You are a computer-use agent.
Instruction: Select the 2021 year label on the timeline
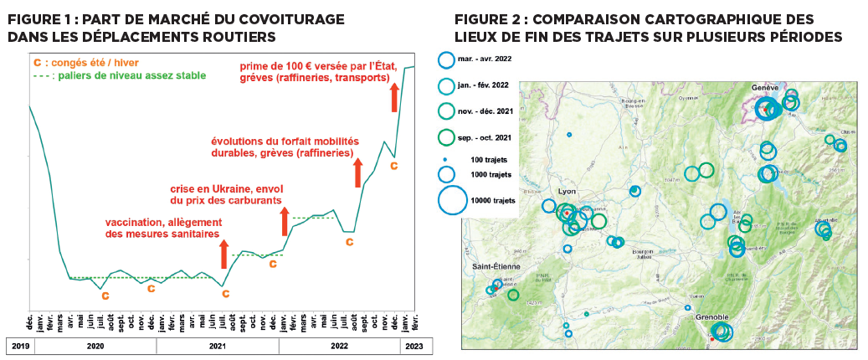(x=218, y=345)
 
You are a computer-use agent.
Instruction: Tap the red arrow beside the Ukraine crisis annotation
(x=284, y=220)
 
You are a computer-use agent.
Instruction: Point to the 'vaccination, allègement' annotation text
(x=162, y=222)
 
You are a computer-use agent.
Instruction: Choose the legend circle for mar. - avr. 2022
(x=445, y=59)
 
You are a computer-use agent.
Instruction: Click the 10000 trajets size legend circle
(x=451, y=200)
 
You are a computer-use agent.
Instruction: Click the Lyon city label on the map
(x=557, y=191)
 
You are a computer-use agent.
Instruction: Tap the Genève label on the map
(x=766, y=87)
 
